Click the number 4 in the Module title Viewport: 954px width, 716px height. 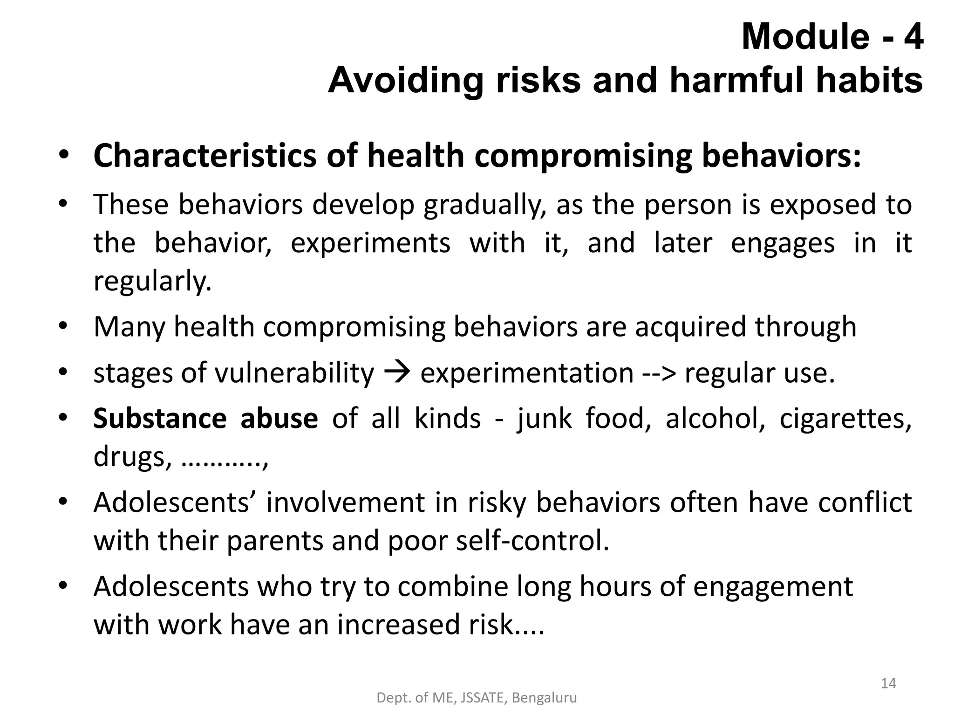(x=913, y=37)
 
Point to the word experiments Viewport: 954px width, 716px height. (x=370, y=243)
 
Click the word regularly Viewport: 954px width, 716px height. (x=152, y=281)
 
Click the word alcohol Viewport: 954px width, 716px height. (x=715, y=418)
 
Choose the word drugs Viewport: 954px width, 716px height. (x=129, y=457)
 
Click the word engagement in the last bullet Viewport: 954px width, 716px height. (x=773, y=587)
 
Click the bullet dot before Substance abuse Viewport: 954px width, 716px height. (x=63, y=417)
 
